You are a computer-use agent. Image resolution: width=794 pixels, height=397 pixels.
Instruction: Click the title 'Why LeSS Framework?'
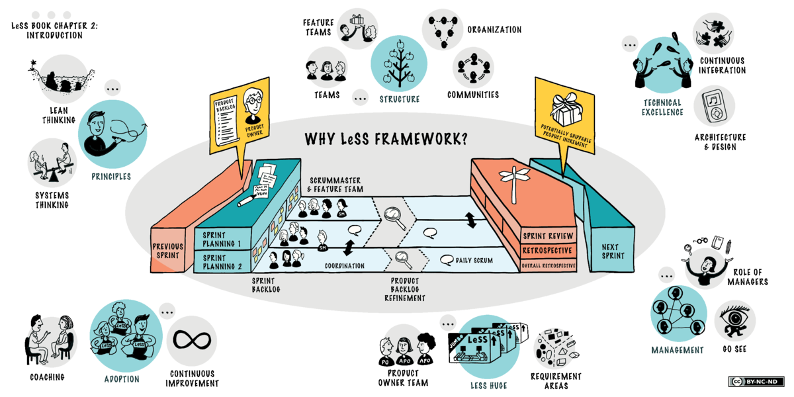click(386, 140)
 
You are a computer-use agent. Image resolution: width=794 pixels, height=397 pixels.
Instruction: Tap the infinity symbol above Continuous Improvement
click(192, 339)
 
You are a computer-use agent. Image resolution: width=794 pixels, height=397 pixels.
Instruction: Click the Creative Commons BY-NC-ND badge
click(756, 382)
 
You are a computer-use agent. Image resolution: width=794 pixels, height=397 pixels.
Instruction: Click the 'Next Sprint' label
click(613, 250)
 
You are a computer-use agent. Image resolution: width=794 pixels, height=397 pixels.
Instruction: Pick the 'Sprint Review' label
click(548, 236)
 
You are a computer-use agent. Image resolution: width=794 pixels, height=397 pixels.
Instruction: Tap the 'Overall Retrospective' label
click(548, 265)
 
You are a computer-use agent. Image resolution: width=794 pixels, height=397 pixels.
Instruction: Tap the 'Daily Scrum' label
click(474, 261)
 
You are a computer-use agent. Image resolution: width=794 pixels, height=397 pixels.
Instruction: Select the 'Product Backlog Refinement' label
click(404, 289)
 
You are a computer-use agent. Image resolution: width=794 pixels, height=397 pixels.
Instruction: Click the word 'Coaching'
click(47, 377)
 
